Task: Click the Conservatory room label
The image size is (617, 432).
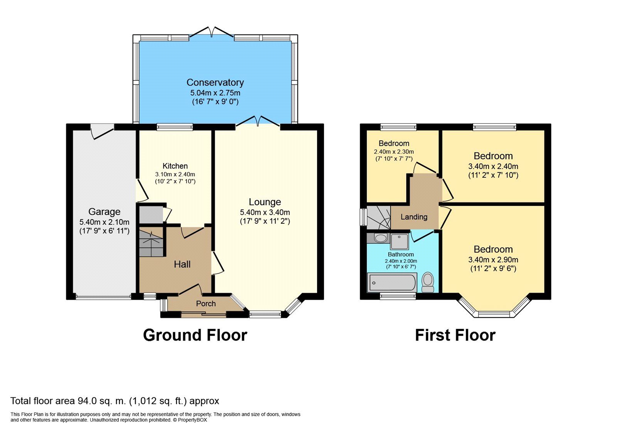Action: (215, 83)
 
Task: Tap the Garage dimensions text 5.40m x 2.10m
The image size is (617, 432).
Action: (105, 222)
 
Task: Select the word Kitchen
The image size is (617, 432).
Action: (175, 166)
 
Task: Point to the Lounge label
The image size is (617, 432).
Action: (265, 202)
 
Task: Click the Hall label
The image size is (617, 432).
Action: (182, 265)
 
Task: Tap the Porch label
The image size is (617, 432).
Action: (206, 304)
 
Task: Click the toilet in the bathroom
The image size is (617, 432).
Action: (428, 282)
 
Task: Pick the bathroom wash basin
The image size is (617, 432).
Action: (380, 238)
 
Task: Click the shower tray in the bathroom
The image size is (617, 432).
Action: (400, 241)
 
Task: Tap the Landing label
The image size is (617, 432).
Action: (414, 217)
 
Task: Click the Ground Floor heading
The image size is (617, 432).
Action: (195, 335)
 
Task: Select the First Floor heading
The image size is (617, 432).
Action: (455, 335)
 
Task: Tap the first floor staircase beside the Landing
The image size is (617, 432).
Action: (379, 218)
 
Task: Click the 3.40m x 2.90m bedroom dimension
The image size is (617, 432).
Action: (493, 260)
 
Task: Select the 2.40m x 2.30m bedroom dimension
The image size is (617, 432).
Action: (394, 152)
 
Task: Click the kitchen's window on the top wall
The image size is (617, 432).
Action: (175, 127)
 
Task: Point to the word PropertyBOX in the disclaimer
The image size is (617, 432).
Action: (192, 420)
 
